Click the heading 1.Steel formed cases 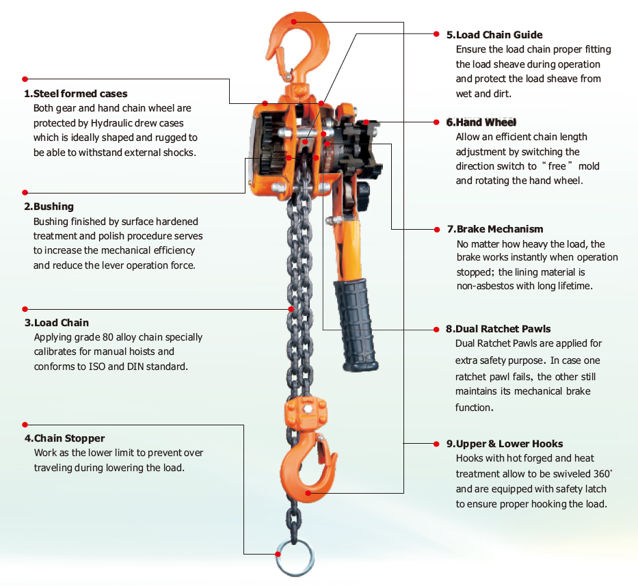click(76, 94)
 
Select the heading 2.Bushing click(49, 207)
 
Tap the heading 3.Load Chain click(56, 323)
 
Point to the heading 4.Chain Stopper click(64, 438)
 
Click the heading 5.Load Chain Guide click(494, 35)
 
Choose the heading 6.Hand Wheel click(481, 122)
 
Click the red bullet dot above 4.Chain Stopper click(25, 425)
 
